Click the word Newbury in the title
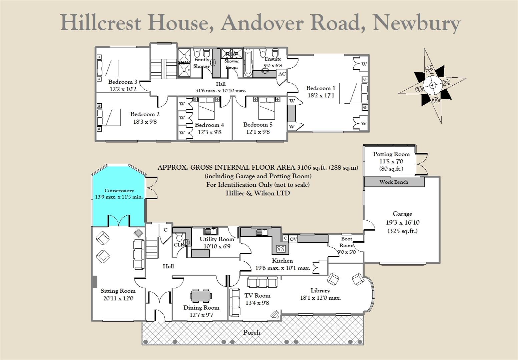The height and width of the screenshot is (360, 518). pyautogui.click(x=417, y=23)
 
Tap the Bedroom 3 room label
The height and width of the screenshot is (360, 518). pyautogui.click(x=123, y=82)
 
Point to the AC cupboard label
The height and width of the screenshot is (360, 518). pyautogui.click(x=282, y=74)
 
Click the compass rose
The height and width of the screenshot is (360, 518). pyautogui.click(x=432, y=85)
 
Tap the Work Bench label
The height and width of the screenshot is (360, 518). pyautogui.click(x=394, y=182)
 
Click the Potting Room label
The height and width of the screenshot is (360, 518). pyautogui.click(x=391, y=154)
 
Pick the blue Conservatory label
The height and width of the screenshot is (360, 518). pyautogui.click(x=119, y=191)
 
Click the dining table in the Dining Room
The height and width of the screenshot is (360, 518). pyautogui.click(x=201, y=296)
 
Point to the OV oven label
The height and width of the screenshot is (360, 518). pyautogui.click(x=293, y=239)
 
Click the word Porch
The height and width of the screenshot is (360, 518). pyautogui.click(x=251, y=332)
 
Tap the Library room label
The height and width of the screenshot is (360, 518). pyautogui.click(x=320, y=290)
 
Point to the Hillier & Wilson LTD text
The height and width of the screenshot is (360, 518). pyautogui.click(x=257, y=193)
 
